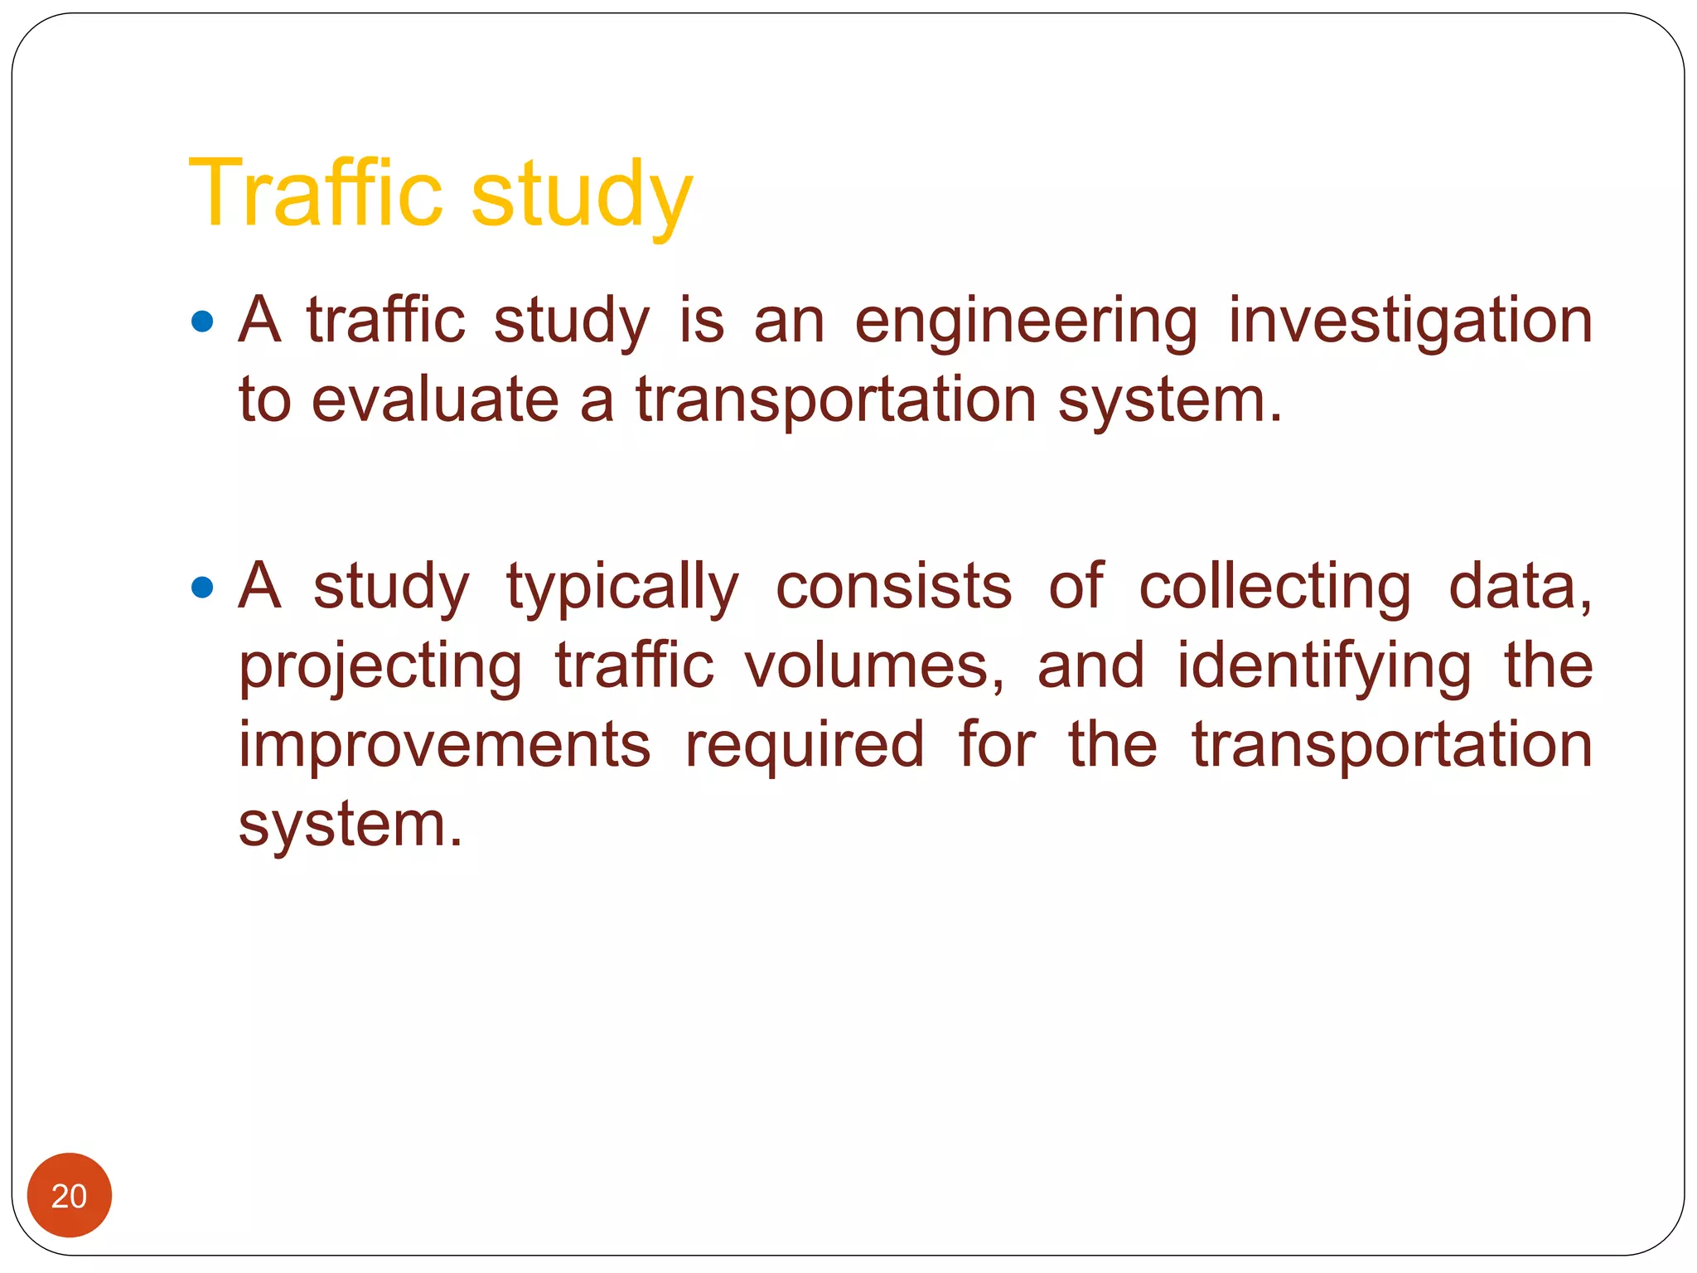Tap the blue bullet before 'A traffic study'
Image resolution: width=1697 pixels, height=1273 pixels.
coord(201,322)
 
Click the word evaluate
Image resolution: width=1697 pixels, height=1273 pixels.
coord(435,400)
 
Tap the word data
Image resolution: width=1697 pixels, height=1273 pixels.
coord(1518,587)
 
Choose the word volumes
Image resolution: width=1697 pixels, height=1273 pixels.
coord(874,666)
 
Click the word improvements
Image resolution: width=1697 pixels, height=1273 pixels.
coord(445,745)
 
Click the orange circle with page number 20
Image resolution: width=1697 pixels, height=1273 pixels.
coord(70,1195)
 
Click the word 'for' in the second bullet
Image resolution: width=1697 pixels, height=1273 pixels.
coord(997,743)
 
